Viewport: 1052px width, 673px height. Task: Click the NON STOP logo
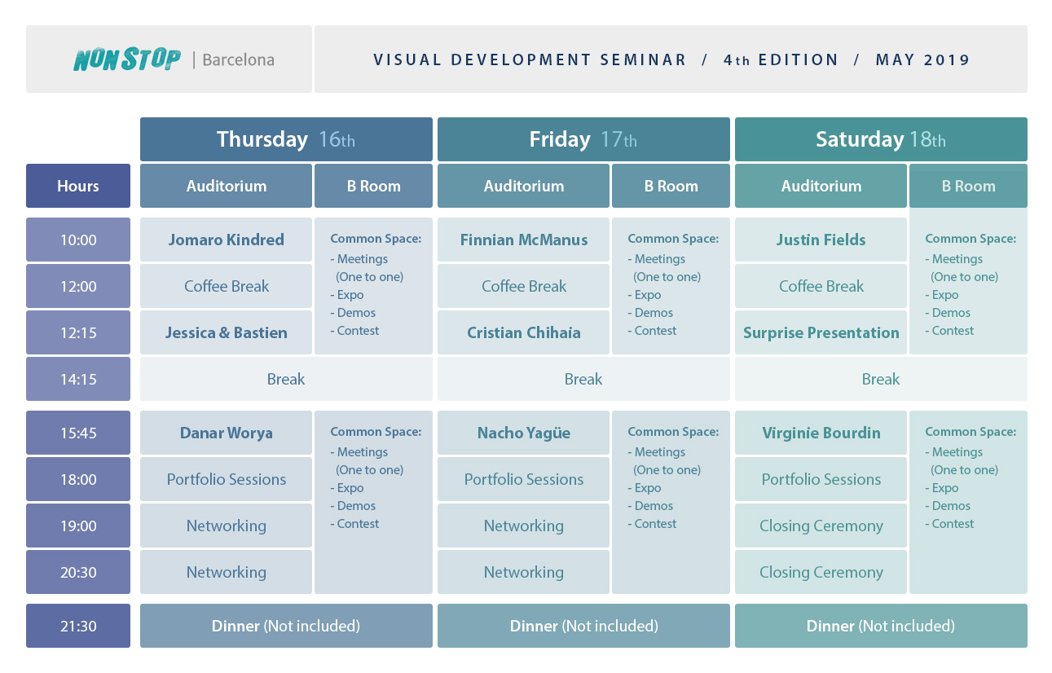[x=127, y=59]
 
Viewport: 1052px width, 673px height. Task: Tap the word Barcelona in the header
[x=238, y=60]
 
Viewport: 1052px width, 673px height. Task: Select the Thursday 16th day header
[x=286, y=139]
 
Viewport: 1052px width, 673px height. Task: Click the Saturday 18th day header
[x=881, y=139]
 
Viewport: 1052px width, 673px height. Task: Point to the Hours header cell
[x=78, y=186]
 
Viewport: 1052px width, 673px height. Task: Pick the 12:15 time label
[x=78, y=332]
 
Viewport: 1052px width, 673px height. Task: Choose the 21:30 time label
[x=78, y=626]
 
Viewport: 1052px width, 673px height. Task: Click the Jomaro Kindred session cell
[x=226, y=240]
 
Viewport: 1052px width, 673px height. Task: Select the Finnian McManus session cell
[x=524, y=240]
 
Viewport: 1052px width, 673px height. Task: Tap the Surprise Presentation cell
[x=821, y=332]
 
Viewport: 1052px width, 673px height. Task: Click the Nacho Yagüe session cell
[x=524, y=433]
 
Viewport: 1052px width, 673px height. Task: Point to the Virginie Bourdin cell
[x=821, y=433]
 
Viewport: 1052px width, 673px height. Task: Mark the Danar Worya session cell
[x=226, y=433]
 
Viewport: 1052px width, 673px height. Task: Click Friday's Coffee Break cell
[x=524, y=286]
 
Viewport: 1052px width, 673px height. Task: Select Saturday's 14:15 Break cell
[x=881, y=379]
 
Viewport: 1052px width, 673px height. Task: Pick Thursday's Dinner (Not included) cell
[x=286, y=626]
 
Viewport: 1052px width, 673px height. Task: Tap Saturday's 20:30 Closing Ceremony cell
[x=821, y=572]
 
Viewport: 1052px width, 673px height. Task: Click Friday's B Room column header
[x=671, y=186]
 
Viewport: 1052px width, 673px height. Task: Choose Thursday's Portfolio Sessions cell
[x=226, y=479]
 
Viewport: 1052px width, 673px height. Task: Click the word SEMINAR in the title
[x=644, y=60]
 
